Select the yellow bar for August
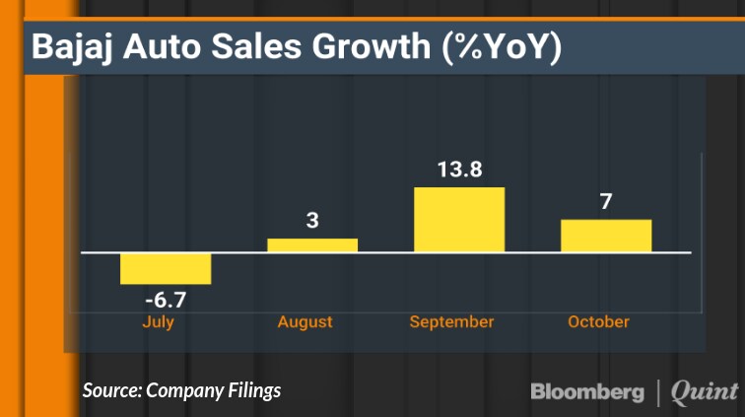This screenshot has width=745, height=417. (312, 245)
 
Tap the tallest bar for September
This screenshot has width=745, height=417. (459, 220)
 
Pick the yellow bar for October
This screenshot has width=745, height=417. (606, 236)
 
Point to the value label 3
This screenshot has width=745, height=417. (312, 221)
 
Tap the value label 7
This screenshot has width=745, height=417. (606, 202)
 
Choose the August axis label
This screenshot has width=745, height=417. (305, 321)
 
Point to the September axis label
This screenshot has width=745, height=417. (452, 321)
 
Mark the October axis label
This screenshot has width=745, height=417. (598, 321)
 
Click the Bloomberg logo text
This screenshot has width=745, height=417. (588, 391)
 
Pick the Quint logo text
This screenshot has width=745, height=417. (704, 391)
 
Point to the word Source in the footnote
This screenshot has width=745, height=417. (110, 390)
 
